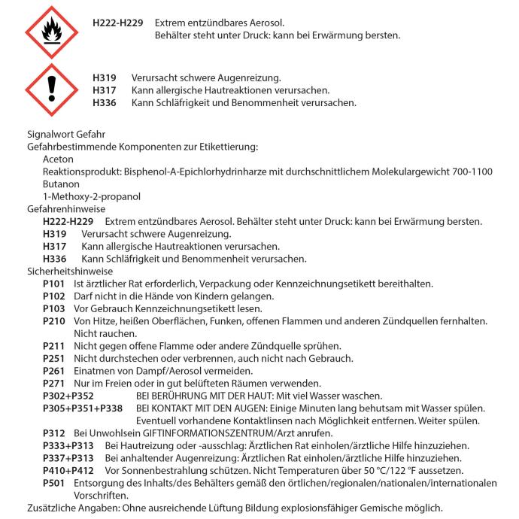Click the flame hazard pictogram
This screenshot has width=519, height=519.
coord(51,33)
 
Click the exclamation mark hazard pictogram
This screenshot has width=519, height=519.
coord(51,90)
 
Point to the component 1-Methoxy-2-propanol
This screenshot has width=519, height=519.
coord(82,196)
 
